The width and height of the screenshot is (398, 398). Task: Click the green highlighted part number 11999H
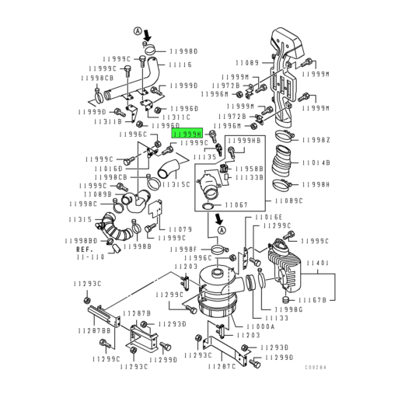tap(186, 134)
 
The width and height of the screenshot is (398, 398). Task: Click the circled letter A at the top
tap(139, 31)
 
